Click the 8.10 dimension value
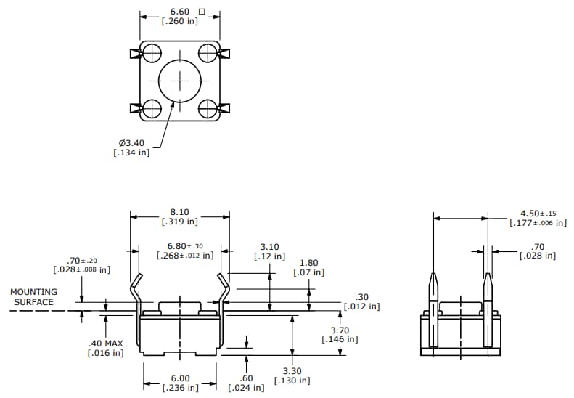click(x=180, y=211)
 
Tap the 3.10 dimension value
click(x=269, y=247)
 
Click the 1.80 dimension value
click(x=308, y=263)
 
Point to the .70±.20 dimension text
click(x=82, y=260)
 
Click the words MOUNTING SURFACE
click(x=33, y=296)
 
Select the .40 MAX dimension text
click(x=105, y=343)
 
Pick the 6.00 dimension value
click(x=180, y=378)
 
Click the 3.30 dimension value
click(x=292, y=370)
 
